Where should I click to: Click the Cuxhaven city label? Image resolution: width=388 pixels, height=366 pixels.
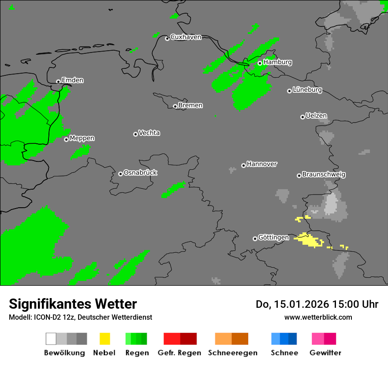tap(186, 37)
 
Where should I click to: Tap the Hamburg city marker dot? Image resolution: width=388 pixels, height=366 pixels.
tap(260, 63)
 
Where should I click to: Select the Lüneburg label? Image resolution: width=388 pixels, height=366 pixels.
tap(307, 90)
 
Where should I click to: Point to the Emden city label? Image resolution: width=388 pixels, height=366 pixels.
tap(72, 80)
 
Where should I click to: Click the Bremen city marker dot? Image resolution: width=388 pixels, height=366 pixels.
tap(175, 106)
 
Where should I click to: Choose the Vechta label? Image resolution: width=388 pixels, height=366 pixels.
tap(149, 133)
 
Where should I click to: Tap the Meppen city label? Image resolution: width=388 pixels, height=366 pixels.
tap(82, 138)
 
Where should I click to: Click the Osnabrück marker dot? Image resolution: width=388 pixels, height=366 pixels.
tap(120, 174)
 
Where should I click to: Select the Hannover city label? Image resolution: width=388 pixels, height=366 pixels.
tap(261, 164)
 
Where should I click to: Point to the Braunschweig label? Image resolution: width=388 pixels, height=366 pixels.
tap(324, 174)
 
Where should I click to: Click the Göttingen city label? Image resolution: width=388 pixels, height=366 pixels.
tap(273, 237)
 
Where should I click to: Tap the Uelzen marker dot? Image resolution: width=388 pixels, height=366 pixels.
tap(302, 117)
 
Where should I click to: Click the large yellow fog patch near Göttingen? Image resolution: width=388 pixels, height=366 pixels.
tap(310, 240)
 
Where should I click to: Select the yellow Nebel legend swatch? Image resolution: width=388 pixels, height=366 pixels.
tap(104, 339)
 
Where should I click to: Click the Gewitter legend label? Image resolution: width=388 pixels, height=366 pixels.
tap(325, 353)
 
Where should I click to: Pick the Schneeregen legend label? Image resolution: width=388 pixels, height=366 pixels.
tap(233, 353)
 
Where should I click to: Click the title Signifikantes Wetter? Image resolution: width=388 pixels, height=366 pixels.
tap(73, 304)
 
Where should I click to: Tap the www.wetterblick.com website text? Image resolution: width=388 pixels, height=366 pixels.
tap(318, 317)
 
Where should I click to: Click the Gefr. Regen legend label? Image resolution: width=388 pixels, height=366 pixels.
tap(179, 353)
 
